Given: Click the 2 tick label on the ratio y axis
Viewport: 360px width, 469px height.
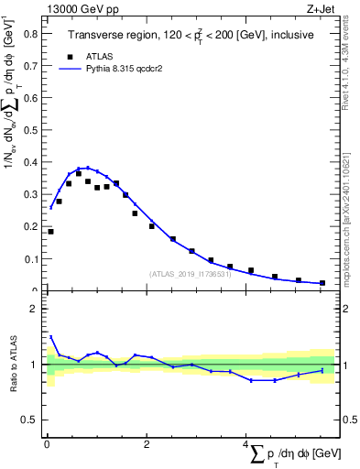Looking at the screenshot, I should point(33,309).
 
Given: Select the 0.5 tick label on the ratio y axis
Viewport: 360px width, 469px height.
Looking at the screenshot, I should point(29,420).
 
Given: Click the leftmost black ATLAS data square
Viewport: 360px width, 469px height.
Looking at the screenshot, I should point(51,232).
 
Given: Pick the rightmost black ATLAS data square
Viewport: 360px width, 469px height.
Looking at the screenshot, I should point(322,283).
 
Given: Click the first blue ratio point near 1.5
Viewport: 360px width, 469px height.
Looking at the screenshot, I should point(51,337).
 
